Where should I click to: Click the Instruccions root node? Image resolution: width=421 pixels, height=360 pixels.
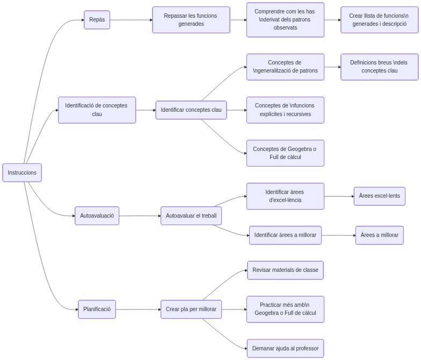(x=22, y=172)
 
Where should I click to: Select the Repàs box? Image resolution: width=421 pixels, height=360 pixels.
(x=97, y=20)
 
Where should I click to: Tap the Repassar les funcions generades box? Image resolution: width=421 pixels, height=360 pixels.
(x=191, y=20)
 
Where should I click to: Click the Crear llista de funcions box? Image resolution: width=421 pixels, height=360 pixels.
(x=379, y=20)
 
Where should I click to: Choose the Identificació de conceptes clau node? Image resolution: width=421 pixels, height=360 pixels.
(x=97, y=110)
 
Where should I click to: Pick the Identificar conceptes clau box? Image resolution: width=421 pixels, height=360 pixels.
(x=191, y=110)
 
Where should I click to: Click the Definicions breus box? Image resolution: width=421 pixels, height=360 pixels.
(x=379, y=67)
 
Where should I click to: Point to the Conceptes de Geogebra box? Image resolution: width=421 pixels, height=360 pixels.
(x=285, y=153)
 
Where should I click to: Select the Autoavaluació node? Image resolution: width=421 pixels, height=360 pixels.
(x=97, y=215)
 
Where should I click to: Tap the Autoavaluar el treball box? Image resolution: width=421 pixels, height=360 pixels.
(x=191, y=215)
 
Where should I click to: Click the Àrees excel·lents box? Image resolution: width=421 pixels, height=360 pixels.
(x=379, y=196)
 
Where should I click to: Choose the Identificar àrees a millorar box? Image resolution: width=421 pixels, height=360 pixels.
(x=285, y=235)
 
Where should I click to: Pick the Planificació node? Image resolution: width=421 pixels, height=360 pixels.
(x=97, y=309)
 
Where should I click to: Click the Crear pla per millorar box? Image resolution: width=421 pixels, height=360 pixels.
(x=191, y=309)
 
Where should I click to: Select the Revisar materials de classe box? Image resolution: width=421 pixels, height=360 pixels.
(x=285, y=270)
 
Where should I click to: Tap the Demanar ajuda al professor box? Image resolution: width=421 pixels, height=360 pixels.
(x=285, y=348)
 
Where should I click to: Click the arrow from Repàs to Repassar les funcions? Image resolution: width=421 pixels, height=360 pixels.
(x=131, y=20)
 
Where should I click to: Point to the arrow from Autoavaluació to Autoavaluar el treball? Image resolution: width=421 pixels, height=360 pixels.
(x=140, y=215)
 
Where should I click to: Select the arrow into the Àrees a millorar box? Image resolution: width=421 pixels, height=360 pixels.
(x=338, y=235)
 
